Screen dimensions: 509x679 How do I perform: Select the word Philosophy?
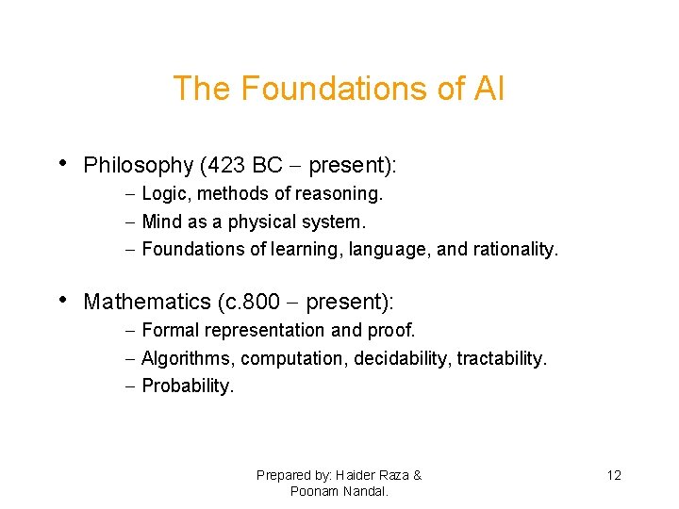138,166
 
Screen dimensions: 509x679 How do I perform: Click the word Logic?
162,194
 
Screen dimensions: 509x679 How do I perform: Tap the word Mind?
160,222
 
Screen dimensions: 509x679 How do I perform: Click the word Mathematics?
146,303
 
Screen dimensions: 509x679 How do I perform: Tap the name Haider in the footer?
340,476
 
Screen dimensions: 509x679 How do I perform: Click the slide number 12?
614,476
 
